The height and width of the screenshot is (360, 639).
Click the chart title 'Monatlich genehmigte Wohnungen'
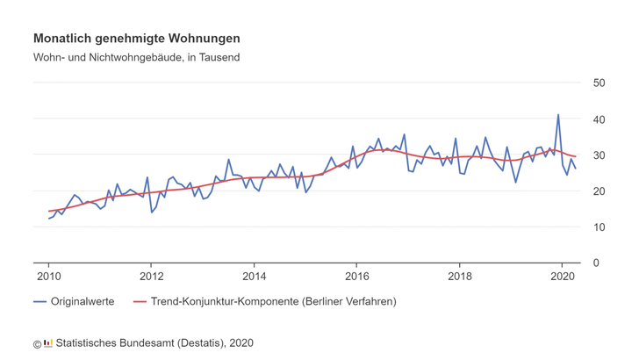(x=136, y=39)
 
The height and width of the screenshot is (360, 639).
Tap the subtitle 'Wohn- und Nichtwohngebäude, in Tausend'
(x=136, y=58)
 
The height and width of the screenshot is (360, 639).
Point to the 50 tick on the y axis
(x=600, y=83)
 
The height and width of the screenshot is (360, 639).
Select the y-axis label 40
(x=600, y=119)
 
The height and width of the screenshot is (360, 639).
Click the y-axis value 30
(x=600, y=155)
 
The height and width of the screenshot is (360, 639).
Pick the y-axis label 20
(x=600, y=191)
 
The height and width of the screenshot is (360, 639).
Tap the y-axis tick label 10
(x=600, y=227)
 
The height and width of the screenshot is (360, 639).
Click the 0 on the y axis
(x=596, y=263)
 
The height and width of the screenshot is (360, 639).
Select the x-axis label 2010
(x=48, y=277)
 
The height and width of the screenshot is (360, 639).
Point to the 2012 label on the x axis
(x=151, y=277)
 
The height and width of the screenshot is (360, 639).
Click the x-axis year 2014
(x=254, y=277)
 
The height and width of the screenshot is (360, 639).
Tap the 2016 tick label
(x=356, y=277)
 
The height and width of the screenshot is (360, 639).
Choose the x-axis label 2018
(x=459, y=277)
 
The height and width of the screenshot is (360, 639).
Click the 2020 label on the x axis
(x=562, y=277)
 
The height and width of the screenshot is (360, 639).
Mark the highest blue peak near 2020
(x=557, y=115)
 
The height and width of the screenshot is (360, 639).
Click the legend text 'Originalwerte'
(x=83, y=301)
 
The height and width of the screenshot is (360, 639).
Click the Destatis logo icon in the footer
(x=48, y=342)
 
